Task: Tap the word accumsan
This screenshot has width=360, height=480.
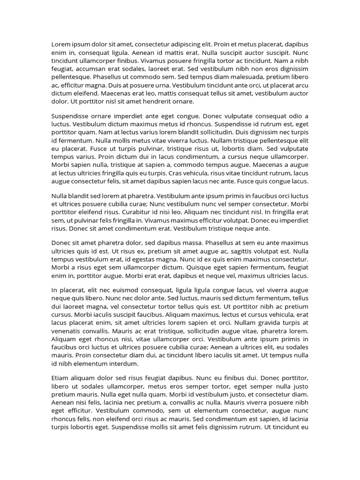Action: (x=93, y=68)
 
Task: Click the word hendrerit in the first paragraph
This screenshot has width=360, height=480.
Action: (x=153, y=101)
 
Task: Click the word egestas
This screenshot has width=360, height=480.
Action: (x=149, y=259)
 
